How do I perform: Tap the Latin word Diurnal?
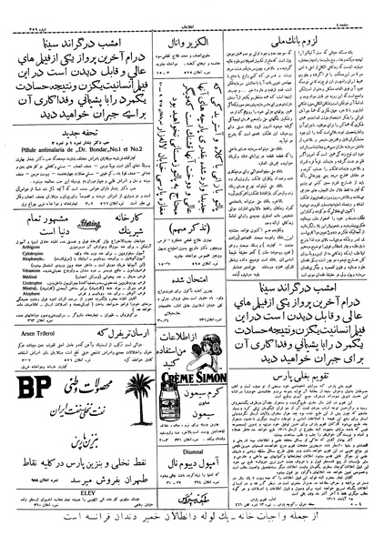227,473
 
